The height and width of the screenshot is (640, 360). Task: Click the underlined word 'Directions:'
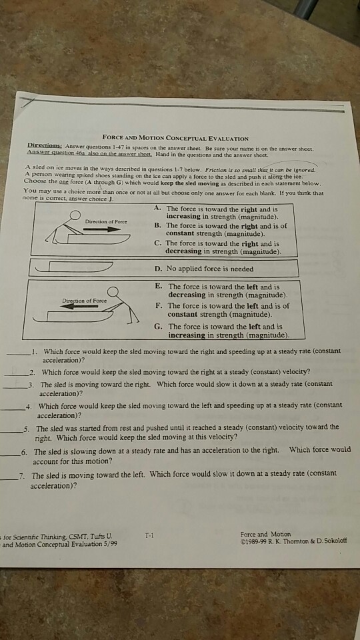pyautogui.click(x=44, y=144)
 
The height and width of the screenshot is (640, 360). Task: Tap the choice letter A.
pyautogui.click(x=157, y=208)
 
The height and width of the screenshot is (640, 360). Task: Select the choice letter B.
pyautogui.click(x=157, y=226)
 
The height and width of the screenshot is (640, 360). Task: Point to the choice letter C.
pyautogui.click(x=157, y=243)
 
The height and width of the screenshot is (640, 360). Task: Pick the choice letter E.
pyautogui.click(x=158, y=286)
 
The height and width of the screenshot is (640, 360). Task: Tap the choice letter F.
pyautogui.click(x=158, y=305)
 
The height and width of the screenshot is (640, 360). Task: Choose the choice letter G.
pyautogui.click(x=158, y=326)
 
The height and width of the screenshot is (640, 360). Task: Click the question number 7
pyautogui.click(x=22, y=475)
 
